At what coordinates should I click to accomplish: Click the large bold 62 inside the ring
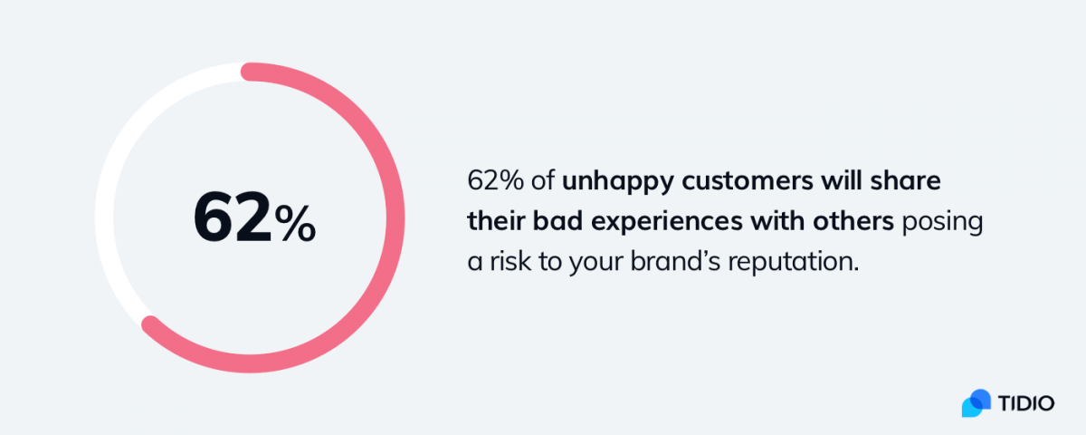[x=233, y=217]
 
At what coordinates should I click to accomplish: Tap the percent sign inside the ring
[x=295, y=223]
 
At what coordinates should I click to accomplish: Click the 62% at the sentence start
[x=495, y=180]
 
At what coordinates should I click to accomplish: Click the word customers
[x=748, y=181]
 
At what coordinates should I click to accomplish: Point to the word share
[x=905, y=180]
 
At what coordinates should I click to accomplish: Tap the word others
[x=853, y=221]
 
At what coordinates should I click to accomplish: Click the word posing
[x=942, y=223]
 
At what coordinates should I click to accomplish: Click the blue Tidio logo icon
[x=976, y=403]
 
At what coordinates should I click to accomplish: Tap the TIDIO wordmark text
[x=1026, y=403]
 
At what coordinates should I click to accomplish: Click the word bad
[x=557, y=221]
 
